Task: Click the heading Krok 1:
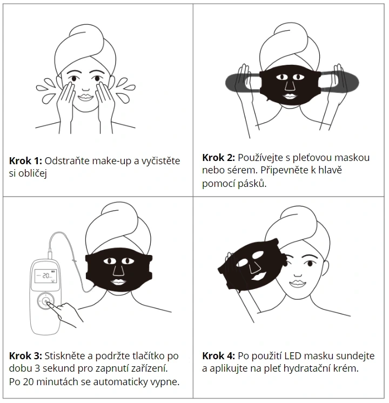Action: (x=25, y=161)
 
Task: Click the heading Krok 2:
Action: (x=218, y=158)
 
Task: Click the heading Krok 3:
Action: (x=25, y=356)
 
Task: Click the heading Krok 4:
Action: (x=218, y=356)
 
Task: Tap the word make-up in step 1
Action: (x=112, y=161)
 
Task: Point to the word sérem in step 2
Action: (x=243, y=170)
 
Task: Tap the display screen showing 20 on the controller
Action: (x=46, y=276)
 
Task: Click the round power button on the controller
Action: (x=46, y=301)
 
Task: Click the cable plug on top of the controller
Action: (x=50, y=254)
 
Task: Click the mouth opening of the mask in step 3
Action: (x=118, y=281)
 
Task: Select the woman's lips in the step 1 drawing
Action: (x=85, y=97)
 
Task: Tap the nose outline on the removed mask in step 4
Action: (x=254, y=267)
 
